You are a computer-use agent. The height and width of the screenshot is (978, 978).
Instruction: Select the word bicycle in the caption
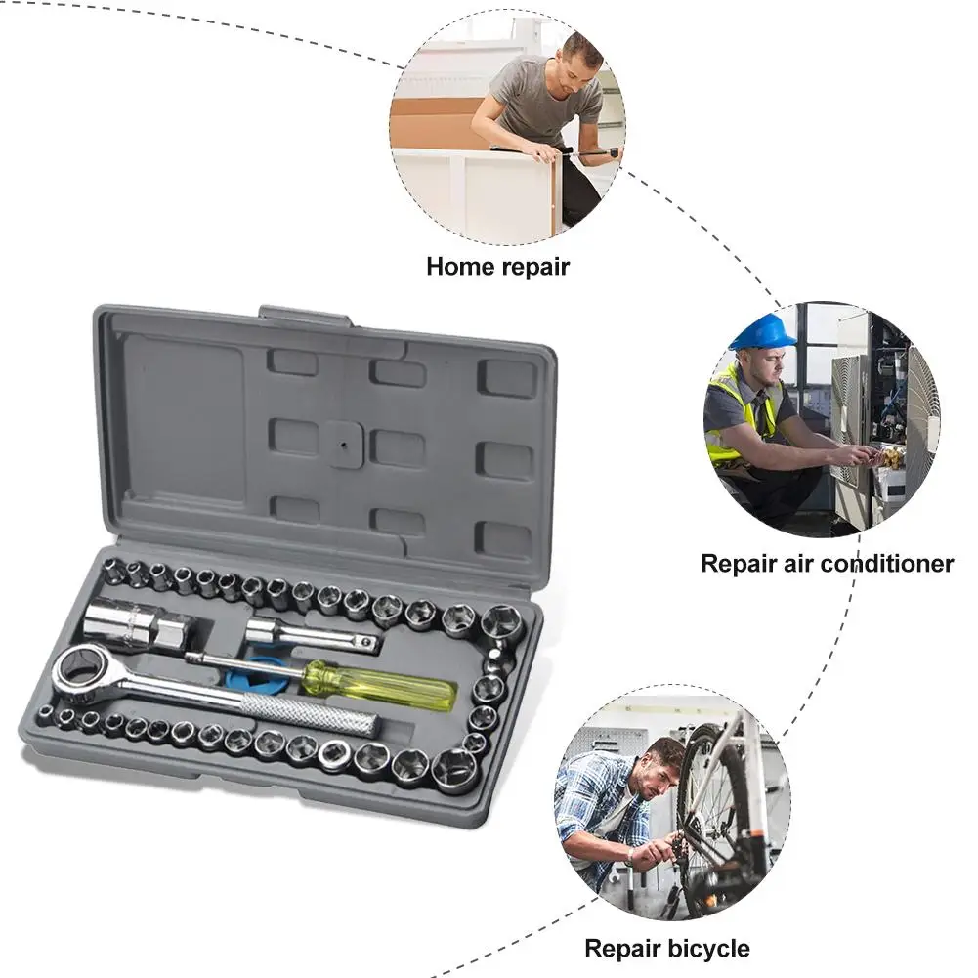coord(709,948)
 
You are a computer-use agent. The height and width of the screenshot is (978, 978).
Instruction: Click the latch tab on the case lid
coord(305,316)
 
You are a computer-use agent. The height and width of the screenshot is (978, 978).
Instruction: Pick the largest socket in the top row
coord(500,621)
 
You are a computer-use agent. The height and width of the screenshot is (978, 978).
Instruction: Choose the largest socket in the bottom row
coord(453,769)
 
